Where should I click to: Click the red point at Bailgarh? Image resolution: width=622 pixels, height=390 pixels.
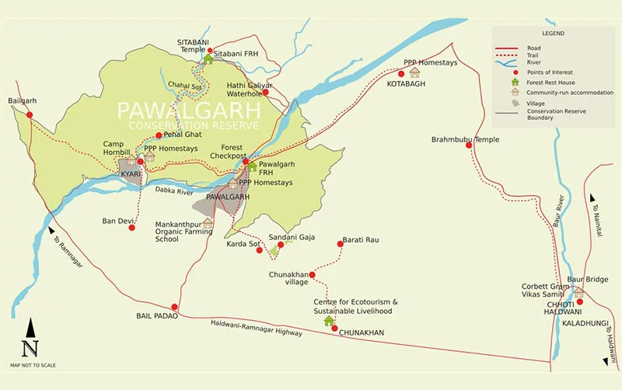(x=30, y=114)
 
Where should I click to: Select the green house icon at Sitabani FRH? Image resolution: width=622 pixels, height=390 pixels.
(x=208, y=58)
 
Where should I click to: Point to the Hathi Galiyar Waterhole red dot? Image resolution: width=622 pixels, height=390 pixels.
(x=265, y=92)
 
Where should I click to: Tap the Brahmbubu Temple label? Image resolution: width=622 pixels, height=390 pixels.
(x=465, y=140)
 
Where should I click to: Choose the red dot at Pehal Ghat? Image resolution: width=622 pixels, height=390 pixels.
(x=159, y=135)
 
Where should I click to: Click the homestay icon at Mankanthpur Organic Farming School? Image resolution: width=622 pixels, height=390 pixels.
(x=208, y=223)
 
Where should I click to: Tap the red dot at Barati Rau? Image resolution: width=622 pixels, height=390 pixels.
(x=340, y=244)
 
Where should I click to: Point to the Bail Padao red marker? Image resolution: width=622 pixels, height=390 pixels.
(x=175, y=307)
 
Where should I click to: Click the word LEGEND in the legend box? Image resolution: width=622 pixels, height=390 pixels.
(x=554, y=34)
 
